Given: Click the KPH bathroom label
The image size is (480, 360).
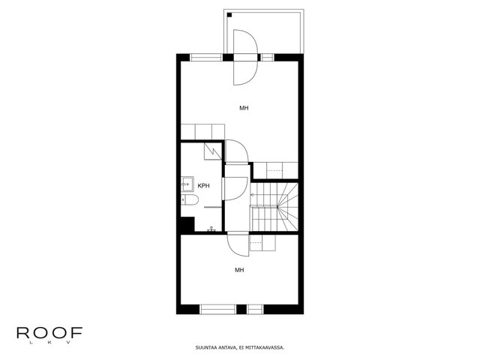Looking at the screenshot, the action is pyautogui.click(x=203, y=186).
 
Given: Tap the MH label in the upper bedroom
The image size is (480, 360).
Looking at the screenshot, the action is pyautogui.click(x=244, y=108).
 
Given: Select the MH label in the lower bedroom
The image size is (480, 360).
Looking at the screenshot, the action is pyautogui.click(x=239, y=270).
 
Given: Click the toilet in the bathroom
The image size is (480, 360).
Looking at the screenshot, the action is pyautogui.click(x=190, y=199).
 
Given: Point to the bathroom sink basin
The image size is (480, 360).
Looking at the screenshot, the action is pyautogui.click(x=187, y=184).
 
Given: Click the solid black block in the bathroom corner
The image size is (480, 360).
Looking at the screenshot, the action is pyautogui.click(x=187, y=224).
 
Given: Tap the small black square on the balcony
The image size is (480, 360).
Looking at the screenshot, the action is pyautogui.click(x=229, y=15).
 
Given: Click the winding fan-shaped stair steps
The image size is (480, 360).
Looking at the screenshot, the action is pyautogui.click(x=288, y=207).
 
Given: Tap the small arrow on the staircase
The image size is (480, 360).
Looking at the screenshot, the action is pyautogui.click(x=253, y=195).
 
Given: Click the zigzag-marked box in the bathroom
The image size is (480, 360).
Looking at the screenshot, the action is pyautogui.click(x=213, y=151).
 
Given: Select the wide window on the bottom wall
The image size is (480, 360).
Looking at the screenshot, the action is pyautogui.click(x=218, y=309).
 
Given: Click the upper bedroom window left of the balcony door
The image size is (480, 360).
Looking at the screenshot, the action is pyautogui.click(x=206, y=57).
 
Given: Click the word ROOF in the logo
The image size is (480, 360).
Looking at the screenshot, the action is pyautogui.click(x=49, y=333).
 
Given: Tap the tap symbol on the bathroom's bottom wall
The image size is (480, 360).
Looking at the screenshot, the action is pyautogui.click(x=211, y=229).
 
